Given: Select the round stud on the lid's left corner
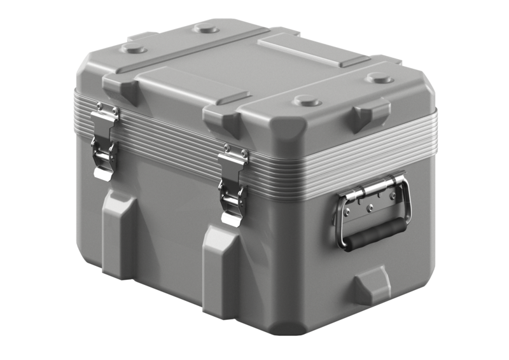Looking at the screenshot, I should click(x=134, y=48).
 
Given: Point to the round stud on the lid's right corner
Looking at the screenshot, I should click(x=380, y=79).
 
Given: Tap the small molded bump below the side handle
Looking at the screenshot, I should click(x=372, y=284).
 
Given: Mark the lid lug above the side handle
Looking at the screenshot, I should click(x=372, y=114).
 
